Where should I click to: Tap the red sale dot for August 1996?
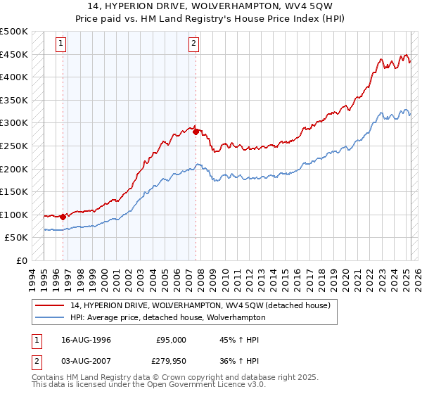[63, 217]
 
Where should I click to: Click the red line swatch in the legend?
[50, 305]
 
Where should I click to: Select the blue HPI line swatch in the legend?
[50, 317]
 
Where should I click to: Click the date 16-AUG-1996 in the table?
[87, 340]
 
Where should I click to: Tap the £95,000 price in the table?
[170, 340]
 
